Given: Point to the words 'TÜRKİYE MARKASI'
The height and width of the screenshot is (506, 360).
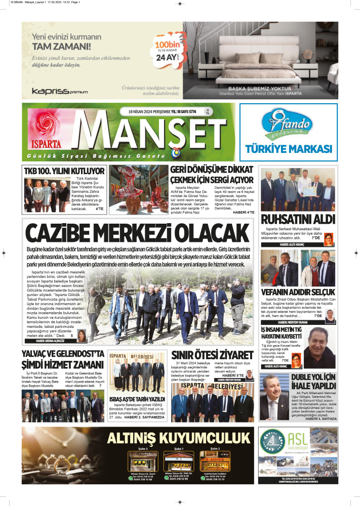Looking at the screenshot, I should pyautogui.click(x=288, y=149).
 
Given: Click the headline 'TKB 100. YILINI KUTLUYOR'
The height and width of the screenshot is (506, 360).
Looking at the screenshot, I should pyautogui.click(x=64, y=171).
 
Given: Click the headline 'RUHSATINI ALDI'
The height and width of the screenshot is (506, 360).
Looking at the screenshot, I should pyautogui.click(x=291, y=220).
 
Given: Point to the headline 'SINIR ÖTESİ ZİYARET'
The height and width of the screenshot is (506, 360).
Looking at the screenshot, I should pyautogui.click(x=212, y=355).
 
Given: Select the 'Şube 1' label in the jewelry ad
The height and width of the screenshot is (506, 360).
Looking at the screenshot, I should pyautogui.click(x=179, y=449).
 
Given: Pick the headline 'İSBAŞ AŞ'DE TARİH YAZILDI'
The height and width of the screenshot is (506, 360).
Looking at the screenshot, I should pyautogui.click(x=137, y=399).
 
